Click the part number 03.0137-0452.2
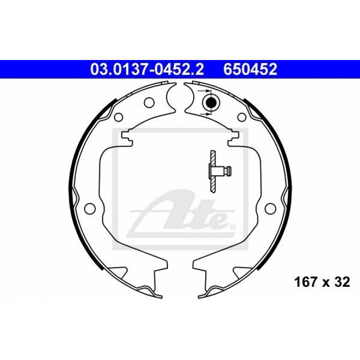[x=147, y=69]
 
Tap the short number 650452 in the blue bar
[x=250, y=69]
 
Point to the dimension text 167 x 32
[x=322, y=282]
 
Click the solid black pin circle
[x=210, y=102]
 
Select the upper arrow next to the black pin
[x=204, y=91]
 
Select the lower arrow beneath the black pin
[x=204, y=114]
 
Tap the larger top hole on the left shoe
[x=149, y=102]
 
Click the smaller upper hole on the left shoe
[x=118, y=117]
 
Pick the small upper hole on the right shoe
[x=242, y=117]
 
